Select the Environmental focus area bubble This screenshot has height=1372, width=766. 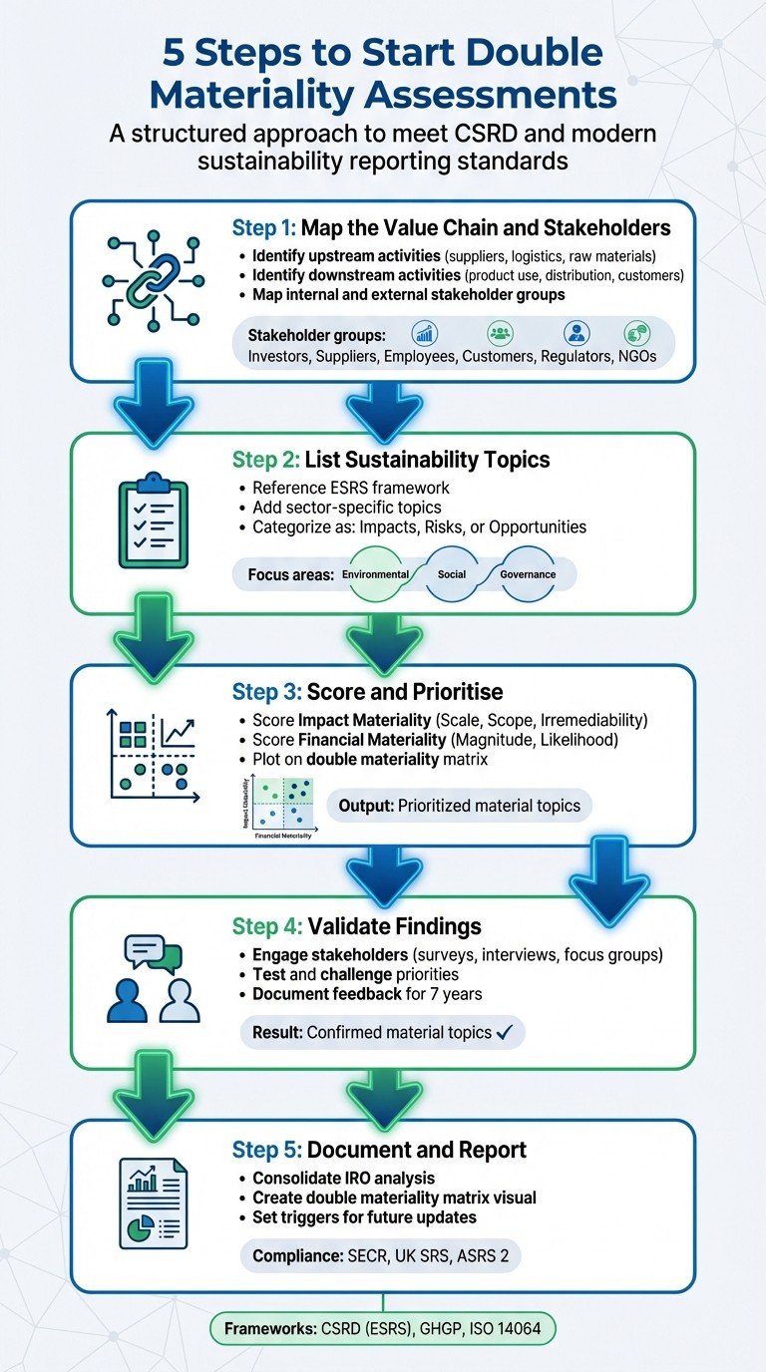[375, 575]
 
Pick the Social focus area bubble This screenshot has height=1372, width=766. [452, 575]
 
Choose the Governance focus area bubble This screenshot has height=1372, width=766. [528, 575]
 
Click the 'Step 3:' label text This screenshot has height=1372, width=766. [266, 692]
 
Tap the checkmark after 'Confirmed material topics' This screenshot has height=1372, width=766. [505, 1032]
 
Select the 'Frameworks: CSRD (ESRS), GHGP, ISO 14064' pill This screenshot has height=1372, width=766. [383, 1329]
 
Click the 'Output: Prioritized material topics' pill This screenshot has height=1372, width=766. [459, 805]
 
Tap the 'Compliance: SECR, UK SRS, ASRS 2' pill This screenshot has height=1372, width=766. [380, 1255]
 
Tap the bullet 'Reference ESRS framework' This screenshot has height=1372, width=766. [344, 488]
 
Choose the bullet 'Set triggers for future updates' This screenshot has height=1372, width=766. [364, 1217]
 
